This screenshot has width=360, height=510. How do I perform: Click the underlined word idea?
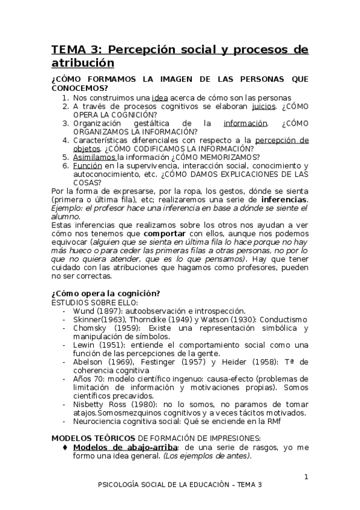pos(160,97)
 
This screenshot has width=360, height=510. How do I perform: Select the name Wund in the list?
pos(84,311)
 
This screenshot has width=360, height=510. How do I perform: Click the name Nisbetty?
pos(90,404)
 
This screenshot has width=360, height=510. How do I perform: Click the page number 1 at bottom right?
pos(305,478)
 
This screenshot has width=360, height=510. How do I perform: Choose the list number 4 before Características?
pos(66,140)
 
